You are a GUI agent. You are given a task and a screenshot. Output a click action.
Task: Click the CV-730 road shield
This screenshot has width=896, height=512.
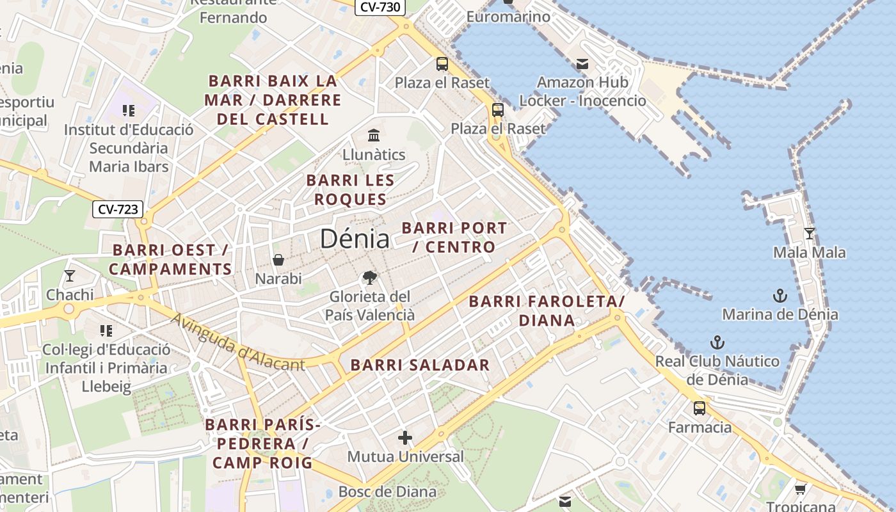click(x=380, y=8)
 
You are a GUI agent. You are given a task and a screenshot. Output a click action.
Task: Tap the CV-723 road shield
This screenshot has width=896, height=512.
click(x=118, y=209)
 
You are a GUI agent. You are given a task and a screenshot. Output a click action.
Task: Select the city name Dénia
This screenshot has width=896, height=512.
click(x=355, y=239)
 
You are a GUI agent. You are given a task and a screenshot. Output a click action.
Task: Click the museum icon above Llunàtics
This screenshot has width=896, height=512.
click(x=374, y=135)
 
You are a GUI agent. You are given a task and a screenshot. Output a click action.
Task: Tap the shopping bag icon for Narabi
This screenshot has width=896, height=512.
click(x=278, y=260)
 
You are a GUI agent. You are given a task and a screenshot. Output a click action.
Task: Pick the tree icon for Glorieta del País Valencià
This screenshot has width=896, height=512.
click(x=369, y=278)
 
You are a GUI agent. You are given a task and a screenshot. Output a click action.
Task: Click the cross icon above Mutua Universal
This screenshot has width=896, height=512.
click(x=405, y=438)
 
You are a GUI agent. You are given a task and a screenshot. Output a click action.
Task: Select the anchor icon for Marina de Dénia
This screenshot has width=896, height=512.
click(x=780, y=295)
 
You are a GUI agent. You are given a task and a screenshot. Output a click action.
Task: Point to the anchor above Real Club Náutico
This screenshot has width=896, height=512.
click(x=717, y=342)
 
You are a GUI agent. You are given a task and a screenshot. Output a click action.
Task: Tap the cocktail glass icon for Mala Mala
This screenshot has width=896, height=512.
click(x=810, y=233)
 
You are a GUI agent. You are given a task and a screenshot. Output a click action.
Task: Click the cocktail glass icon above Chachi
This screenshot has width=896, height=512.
click(x=70, y=276)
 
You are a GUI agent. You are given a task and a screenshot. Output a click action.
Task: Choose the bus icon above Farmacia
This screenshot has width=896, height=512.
click(x=700, y=408)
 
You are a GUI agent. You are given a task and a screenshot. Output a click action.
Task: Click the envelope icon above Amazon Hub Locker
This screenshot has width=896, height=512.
click(x=582, y=63)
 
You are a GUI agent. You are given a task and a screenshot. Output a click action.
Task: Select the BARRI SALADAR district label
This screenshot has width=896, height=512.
click(x=420, y=365)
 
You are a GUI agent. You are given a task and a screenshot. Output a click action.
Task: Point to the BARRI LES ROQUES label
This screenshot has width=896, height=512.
click(x=350, y=190)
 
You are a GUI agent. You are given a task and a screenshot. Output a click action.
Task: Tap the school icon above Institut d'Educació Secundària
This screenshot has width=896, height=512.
click(x=129, y=111)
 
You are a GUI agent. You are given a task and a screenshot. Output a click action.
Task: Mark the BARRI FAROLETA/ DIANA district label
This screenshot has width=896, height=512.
click(x=547, y=311)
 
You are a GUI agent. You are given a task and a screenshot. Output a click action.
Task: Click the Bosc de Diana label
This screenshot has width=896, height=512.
click(x=387, y=492)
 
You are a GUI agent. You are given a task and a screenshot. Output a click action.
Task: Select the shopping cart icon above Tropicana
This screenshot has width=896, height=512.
click(x=800, y=490)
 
